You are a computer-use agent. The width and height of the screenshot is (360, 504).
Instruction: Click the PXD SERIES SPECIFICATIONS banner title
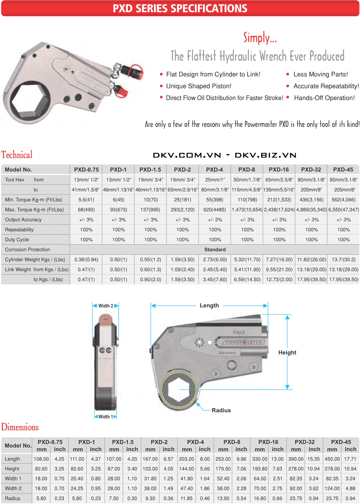tap(180, 8)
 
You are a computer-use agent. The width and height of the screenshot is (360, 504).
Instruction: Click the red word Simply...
tap(260, 38)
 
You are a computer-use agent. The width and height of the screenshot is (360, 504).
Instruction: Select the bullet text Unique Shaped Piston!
tap(199, 86)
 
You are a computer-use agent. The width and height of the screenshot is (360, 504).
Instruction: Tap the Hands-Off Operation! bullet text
tap(324, 98)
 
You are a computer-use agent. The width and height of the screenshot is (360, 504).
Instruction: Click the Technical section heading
tap(17, 155)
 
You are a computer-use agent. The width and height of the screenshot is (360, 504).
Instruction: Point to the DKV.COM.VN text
tap(187, 155)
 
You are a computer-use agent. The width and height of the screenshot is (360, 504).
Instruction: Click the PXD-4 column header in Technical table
tap(214, 170)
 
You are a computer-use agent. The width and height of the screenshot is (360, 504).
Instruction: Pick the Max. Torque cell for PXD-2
tap(182, 210)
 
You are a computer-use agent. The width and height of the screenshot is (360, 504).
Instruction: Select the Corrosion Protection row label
tap(27, 249)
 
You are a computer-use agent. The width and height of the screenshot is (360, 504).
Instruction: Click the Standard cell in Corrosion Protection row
tap(215, 249)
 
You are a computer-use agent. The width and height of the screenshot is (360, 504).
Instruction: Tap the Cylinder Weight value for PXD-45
tap(344, 259)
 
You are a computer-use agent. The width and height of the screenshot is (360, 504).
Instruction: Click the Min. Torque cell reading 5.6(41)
tap(86, 200)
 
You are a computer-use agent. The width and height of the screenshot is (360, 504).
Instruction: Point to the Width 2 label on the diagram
tap(106, 306)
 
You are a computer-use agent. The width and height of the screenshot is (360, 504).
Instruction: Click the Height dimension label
tap(287, 353)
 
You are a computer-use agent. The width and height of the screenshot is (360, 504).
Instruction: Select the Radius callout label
tap(221, 410)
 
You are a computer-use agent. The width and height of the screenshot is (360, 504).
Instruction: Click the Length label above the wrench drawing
tap(209, 305)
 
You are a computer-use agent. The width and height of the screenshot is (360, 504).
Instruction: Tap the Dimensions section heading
tap(20, 427)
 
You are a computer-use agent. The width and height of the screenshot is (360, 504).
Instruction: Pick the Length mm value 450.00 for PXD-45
tap(332, 459)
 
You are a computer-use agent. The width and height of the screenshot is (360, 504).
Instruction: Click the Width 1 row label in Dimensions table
tap(13, 479)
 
